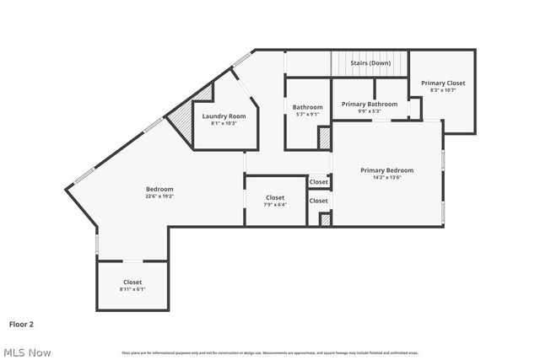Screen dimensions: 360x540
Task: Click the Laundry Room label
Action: pos(224,116)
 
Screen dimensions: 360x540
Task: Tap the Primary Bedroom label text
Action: pos(386,170)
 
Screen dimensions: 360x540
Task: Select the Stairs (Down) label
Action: pos(370,63)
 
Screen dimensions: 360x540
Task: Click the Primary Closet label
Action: pos(443,83)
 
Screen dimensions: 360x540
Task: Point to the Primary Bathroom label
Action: pos(370,104)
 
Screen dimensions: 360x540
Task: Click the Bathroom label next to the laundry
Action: pos(307,107)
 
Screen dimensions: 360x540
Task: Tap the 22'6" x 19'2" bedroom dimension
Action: pos(159,196)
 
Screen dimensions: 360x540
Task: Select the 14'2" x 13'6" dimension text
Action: pos(386,178)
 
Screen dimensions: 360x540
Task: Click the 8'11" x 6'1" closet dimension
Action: pos(132,289)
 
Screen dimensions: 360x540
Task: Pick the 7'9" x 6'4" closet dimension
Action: pos(275,205)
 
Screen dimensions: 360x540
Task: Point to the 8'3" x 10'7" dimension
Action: pos(443,90)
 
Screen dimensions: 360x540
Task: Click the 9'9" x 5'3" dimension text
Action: pos(370,111)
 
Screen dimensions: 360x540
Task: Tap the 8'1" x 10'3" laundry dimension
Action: pos(224,123)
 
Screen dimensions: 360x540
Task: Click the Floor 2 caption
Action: pos(21,323)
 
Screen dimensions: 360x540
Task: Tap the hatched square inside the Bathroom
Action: pos(323,138)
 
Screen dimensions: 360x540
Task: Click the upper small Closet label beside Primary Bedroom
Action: pos(318,181)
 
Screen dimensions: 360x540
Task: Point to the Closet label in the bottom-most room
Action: pos(132,282)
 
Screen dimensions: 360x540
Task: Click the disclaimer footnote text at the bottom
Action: pos(270,352)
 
